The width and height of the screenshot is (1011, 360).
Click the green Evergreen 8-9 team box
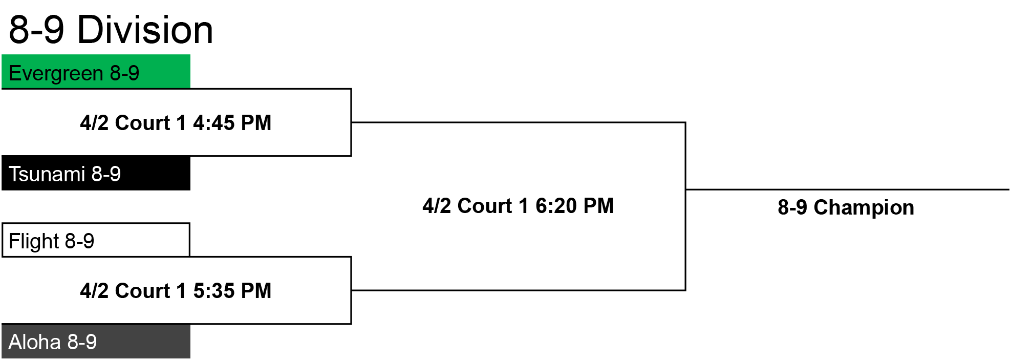(x=96, y=72)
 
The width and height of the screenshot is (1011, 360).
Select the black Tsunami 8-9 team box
(x=96, y=174)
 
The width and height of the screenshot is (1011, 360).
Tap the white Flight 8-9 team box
(x=96, y=240)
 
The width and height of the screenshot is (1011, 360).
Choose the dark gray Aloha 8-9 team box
(x=96, y=342)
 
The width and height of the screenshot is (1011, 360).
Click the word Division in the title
(x=145, y=30)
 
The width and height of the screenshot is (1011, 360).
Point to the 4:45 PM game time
(x=232, y=123)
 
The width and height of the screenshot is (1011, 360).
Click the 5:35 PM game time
(x=232, y=291)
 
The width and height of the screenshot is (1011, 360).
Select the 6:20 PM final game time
(x=574, y=206)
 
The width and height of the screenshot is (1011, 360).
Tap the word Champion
(x=864, y=207)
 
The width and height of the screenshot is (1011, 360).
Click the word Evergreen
(x=56, y=74)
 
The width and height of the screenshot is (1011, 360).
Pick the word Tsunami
(x=47, y=174)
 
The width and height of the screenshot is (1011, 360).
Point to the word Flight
(x=34, y=241)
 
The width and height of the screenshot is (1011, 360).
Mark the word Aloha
(x=34, y=342)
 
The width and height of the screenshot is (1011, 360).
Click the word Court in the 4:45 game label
(x=142, y=123)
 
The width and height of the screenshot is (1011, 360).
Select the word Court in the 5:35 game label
(x=142, y=291)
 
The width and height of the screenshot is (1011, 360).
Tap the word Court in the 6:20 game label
(x=485, y=206)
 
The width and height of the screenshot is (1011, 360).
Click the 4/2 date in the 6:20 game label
(x=437, y=206)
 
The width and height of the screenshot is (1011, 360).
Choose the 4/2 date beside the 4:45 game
(x=94, y=123)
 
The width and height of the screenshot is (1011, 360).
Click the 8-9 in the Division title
(x=37, y=30)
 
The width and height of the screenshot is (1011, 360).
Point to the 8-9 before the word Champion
(x=792, y=207)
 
